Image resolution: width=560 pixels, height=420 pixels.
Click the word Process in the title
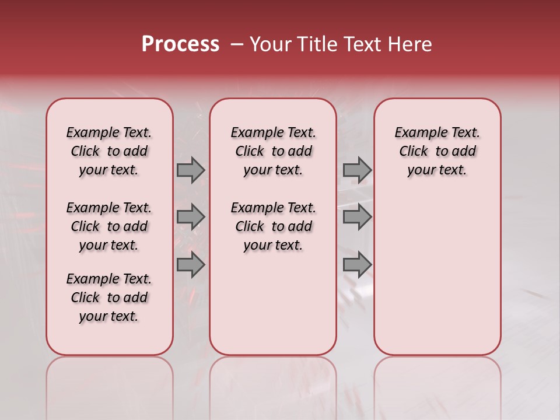[180, 44]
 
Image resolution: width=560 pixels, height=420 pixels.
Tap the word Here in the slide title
[410, 44]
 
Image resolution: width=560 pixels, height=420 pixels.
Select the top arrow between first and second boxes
[191, 170]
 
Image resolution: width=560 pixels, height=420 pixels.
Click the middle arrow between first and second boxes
[191, 217]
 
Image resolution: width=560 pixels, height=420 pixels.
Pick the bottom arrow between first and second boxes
[191, 265]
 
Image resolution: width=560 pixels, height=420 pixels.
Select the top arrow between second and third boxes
[357, 170]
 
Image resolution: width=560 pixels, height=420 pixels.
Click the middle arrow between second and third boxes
[357, 217]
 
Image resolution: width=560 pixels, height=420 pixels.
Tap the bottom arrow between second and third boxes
[357, 265]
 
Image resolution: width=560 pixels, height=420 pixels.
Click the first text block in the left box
[109, 151]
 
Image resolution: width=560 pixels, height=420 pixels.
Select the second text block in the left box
[109, 226]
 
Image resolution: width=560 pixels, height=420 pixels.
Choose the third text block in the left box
[109, 297]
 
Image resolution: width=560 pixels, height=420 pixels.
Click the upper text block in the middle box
[273, 151]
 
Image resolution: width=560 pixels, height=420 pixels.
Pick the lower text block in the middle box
[273, 226]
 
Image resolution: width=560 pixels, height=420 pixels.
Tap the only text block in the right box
[437, 151]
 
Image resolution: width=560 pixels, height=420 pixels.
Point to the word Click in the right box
[414, 152]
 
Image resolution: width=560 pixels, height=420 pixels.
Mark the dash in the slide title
[237, 44]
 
